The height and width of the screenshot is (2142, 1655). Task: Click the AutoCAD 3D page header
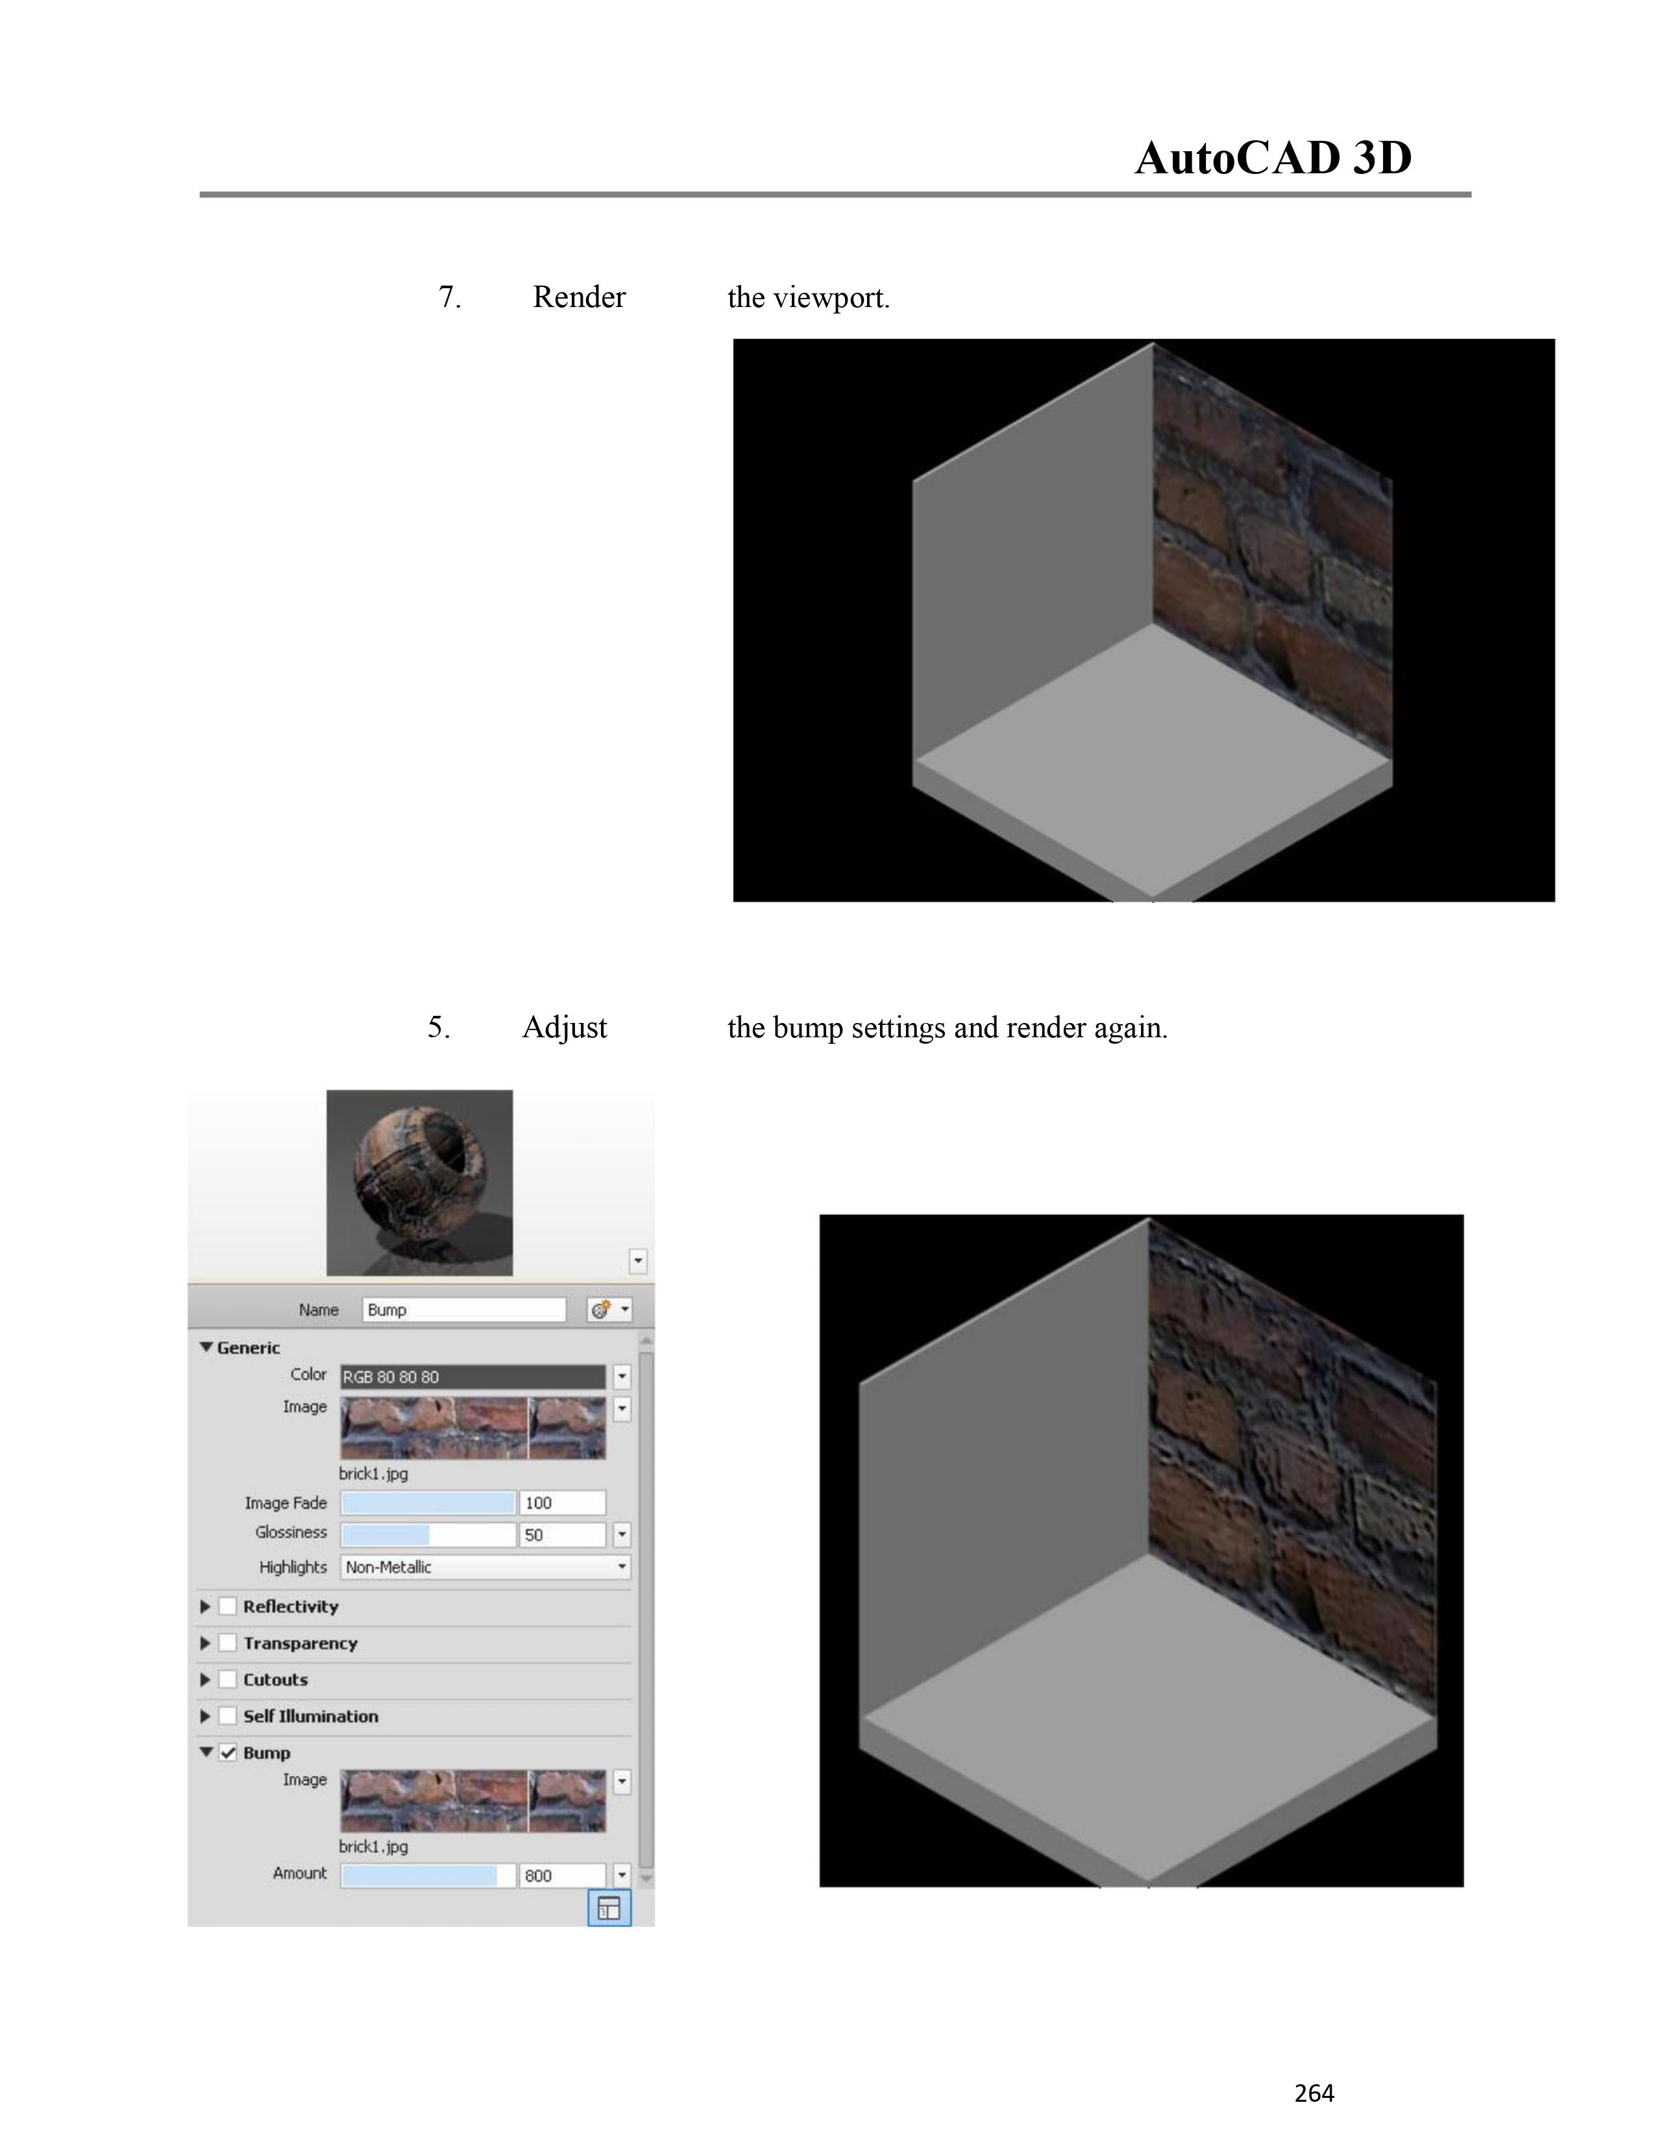pyautogui.click(x=1273, y=158)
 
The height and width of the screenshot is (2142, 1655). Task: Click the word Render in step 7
pyautogui.click(x=578, y=297)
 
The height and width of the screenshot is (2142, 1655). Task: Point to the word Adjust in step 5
pyautogui.click(x=565, y=1028)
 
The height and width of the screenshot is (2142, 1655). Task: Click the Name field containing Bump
pyautogui.click(x=464, y=1309)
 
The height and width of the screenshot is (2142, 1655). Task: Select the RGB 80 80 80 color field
pyautogui.click(x=472, y=1377)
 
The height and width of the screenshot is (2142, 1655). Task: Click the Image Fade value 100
pyautogui.click(x=562, y=1503)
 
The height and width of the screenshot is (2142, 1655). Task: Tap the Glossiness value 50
pyautogui.click(x=562, y=1535)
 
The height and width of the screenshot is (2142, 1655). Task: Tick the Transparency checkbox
pyautogui.click(x=227, y=1643)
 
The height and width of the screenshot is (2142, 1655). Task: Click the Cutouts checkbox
pyautogui.click(x=227, y=1679)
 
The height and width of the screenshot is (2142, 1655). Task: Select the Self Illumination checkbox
pyautogui.click(x=227, y=1716)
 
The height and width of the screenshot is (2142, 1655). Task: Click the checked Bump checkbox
pyautogui.click(x=227, y=1753)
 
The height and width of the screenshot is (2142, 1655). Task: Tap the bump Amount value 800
pyautogui.click(x=562, y=1875)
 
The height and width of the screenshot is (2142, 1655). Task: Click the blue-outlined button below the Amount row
pyautogui.click(x=609, y=1908)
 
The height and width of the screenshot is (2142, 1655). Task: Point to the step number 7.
pyautogui.click(x=449, y=297)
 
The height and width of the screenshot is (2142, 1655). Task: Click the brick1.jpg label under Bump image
pyautogui.click(x=374, y=1847)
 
